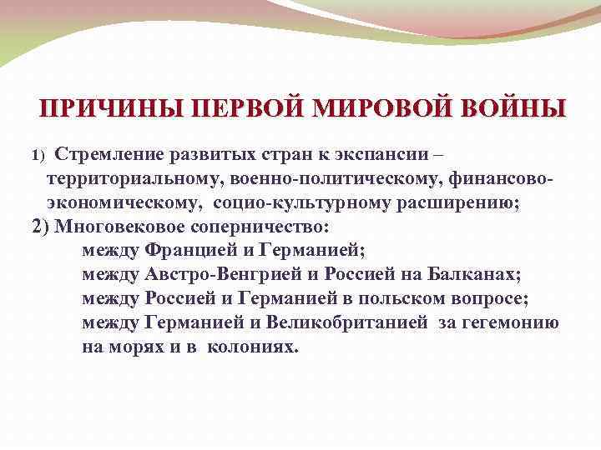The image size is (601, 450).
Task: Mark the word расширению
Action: [x=456, y=202]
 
